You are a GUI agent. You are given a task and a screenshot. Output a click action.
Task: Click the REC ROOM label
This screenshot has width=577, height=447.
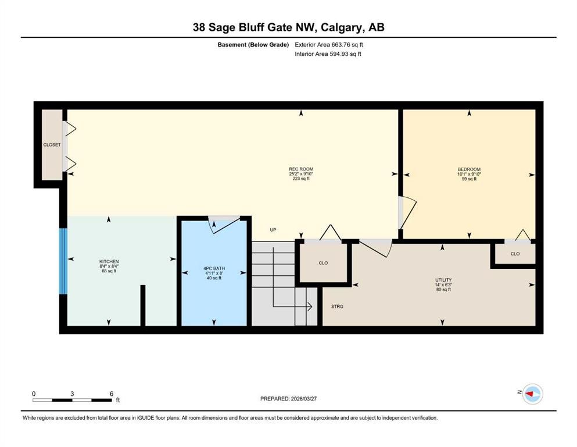[301, 169]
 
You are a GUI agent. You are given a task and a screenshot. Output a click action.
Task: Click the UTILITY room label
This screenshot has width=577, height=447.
[443, 280]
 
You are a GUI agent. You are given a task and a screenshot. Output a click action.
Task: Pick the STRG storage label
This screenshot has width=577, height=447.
[337, 306]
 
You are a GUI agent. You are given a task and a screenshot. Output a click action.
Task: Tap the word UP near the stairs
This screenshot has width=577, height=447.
[273, 230]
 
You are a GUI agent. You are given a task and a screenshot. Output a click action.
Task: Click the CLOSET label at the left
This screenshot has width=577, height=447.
[52, 145]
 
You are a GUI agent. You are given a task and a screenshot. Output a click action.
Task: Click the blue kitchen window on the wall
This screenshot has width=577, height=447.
[63, 261]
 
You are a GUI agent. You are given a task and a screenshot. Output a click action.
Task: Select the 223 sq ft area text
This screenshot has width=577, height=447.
[301, 179]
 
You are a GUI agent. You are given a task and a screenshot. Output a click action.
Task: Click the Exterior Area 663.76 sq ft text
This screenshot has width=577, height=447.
[331, 44]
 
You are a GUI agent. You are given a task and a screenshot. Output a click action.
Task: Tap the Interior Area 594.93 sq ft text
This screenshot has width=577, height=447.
[328, 54]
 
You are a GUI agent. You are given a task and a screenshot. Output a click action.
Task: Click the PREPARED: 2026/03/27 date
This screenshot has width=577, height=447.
[289, 399]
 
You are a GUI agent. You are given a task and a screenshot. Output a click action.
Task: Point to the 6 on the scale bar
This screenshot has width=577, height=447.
[110, 393]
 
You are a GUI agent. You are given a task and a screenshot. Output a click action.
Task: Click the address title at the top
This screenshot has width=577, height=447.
[289, 27]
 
